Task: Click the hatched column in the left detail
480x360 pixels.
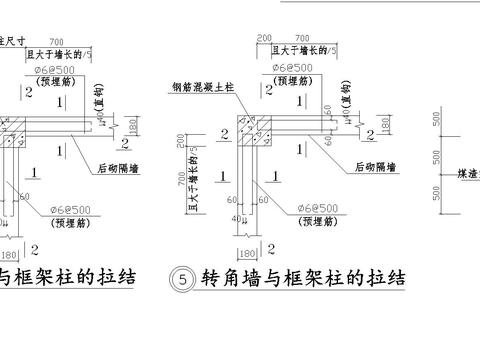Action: point(13,132)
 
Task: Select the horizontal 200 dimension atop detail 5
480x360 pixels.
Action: point(263,37)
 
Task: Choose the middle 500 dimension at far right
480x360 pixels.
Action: point(436,157)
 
